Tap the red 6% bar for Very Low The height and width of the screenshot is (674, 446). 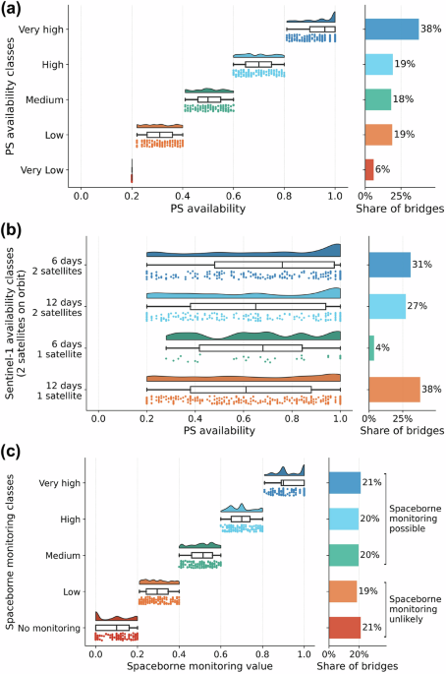[369, 169]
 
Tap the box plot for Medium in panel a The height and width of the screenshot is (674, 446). [209, 99]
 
